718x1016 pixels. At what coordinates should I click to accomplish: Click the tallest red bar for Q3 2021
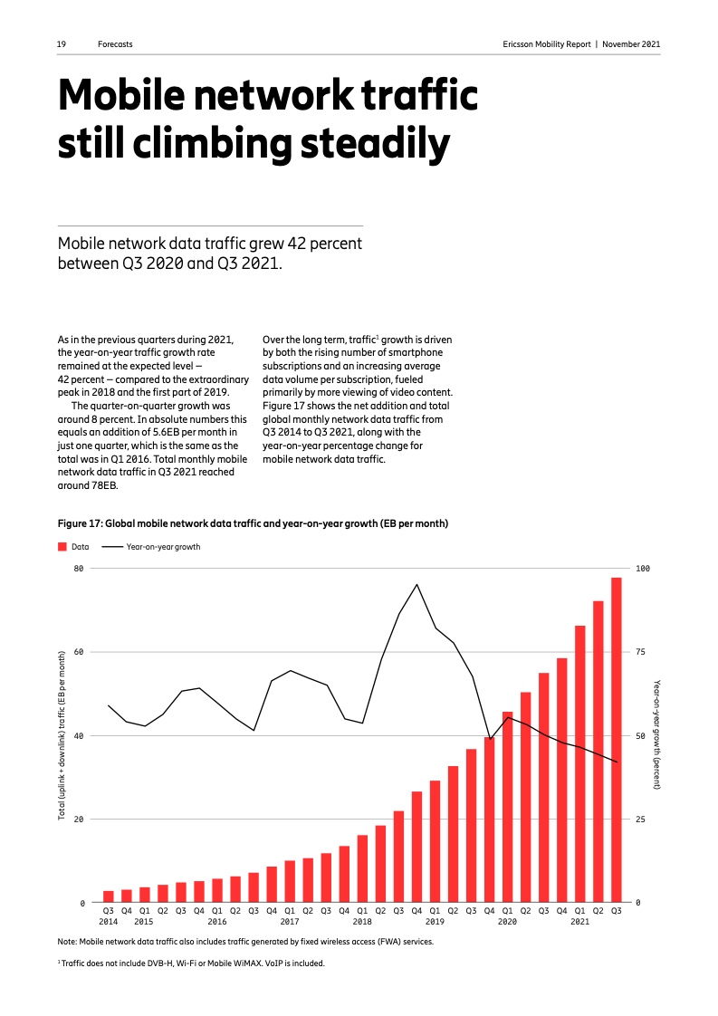coord(616,740)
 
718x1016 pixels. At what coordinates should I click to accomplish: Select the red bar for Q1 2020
coord(507,807)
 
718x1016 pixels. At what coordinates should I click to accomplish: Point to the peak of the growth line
coord(416,584)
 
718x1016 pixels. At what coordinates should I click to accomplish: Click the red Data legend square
coord(62,547)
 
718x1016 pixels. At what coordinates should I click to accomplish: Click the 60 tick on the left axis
coord(78,652)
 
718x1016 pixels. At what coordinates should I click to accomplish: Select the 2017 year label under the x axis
coord(290,922)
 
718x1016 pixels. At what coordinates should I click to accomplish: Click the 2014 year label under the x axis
coord(109,922)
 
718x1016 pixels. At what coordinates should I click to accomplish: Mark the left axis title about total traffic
coord(62,735)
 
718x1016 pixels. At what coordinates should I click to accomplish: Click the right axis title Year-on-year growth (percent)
coord(658,735)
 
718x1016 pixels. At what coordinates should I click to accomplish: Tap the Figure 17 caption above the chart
coord(253,523)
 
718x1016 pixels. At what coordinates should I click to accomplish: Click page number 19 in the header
coord(62,44)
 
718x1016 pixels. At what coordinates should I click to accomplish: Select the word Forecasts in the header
coord(115,44)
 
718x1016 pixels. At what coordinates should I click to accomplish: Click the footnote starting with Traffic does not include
coord(191,963)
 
